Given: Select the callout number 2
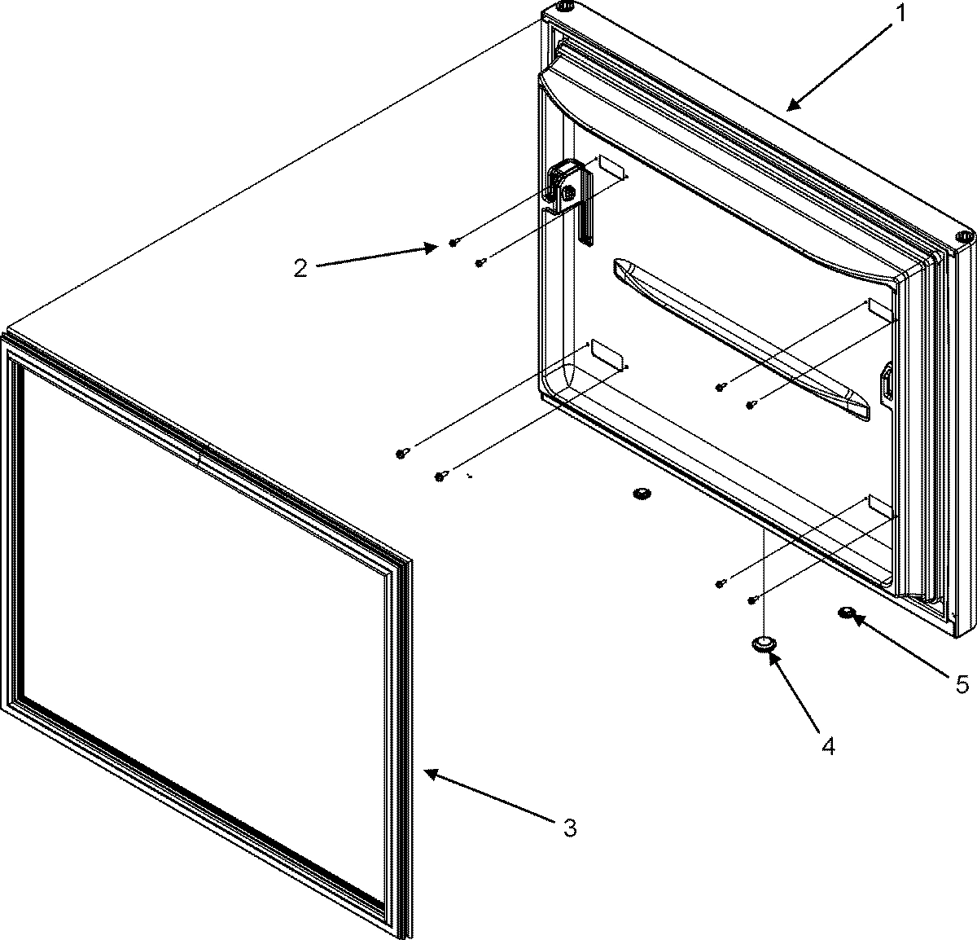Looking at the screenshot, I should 300,268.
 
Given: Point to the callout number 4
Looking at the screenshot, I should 827,745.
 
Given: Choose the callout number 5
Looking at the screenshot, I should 962,684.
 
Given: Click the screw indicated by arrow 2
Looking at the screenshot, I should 453,243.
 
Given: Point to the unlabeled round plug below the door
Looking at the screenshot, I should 642,494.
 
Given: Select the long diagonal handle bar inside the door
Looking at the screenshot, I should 741,339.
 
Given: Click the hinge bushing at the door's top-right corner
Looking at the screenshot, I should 963,236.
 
